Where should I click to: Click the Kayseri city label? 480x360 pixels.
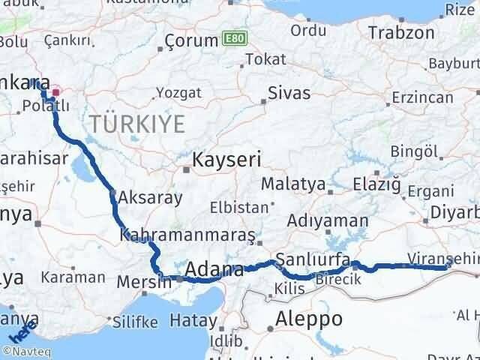pyautogui.click(x=226, y=159)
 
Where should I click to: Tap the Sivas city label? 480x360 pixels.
pyautogui.click(x=289, y=94)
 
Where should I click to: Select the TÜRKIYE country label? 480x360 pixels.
pyautogui.click(x=136, y=124)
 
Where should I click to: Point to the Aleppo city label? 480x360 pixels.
pyautogui.click(x=309, y=319)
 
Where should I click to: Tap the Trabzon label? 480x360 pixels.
pyautogui.click(x=401, y=33)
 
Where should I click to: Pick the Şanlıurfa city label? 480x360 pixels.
pyautogui.click(x=313, y=259)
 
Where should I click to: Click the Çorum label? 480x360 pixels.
pyautogui.click(x=191, y=41)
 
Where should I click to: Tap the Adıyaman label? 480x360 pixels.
pyautogui.click(x=328, y=220)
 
